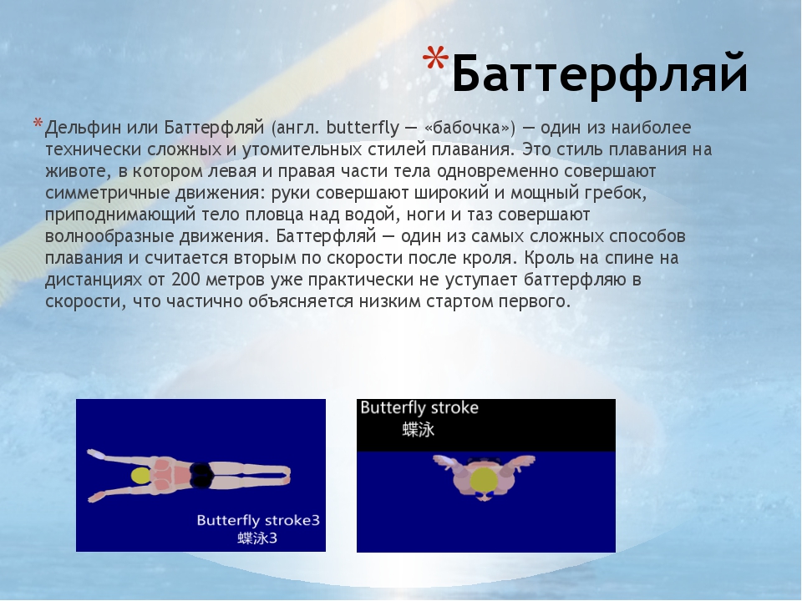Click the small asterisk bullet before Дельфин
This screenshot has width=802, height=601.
[37, 125]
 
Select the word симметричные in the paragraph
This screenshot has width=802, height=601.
[101, 193]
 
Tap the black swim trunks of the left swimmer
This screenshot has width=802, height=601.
[201, 475]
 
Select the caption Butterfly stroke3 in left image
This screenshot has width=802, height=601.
[258, 520]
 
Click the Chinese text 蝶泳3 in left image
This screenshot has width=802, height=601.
[257, 538]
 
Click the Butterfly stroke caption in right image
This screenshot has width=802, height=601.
[419, 408]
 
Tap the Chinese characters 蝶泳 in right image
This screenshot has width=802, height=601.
[419, 430]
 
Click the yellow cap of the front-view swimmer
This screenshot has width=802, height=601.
[483, 480]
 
